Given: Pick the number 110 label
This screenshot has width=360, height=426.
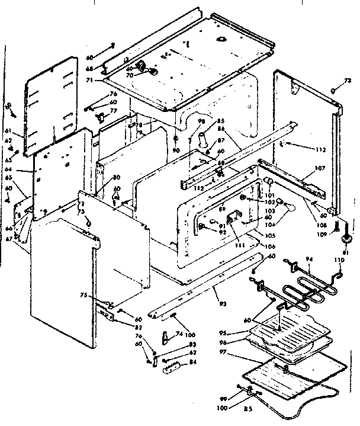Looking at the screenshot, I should point(339,261).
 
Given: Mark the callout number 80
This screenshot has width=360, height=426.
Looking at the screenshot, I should point(117,177).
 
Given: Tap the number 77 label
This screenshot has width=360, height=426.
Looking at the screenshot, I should point(113,111).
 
